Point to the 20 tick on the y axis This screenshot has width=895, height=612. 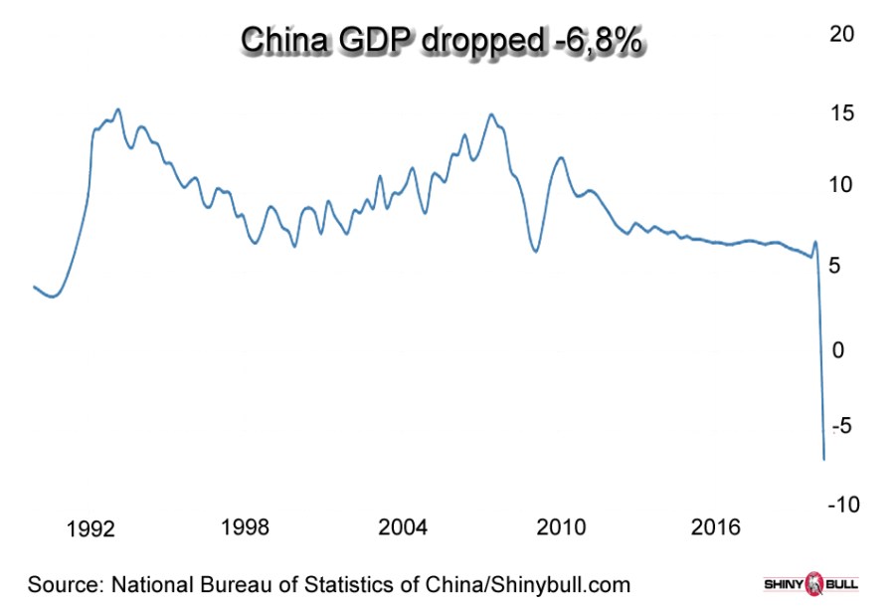point(842,33)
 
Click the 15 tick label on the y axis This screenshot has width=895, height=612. point(842,113)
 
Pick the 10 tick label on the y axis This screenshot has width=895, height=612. point(842,185)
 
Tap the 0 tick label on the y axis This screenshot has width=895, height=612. point(839,349)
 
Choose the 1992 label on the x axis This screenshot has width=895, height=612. point(91,527)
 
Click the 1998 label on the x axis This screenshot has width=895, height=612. point(245,526)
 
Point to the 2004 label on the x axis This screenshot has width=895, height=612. point(404,526)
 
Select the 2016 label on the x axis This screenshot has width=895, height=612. point(716,526)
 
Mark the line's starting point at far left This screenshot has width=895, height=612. point(34,287)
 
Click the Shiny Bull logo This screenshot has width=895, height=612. point(809,583)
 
